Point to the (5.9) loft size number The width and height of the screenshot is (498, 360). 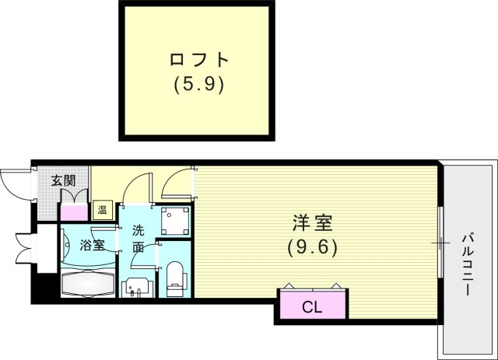click(198, 82)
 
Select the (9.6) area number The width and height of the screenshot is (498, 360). click(313, 248)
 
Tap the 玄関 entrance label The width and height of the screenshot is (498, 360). click(63, 181)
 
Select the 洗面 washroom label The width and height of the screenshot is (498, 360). click(138, 239)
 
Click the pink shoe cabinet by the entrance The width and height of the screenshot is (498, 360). click(74, 210)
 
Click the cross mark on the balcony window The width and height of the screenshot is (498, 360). click(440, 243)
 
